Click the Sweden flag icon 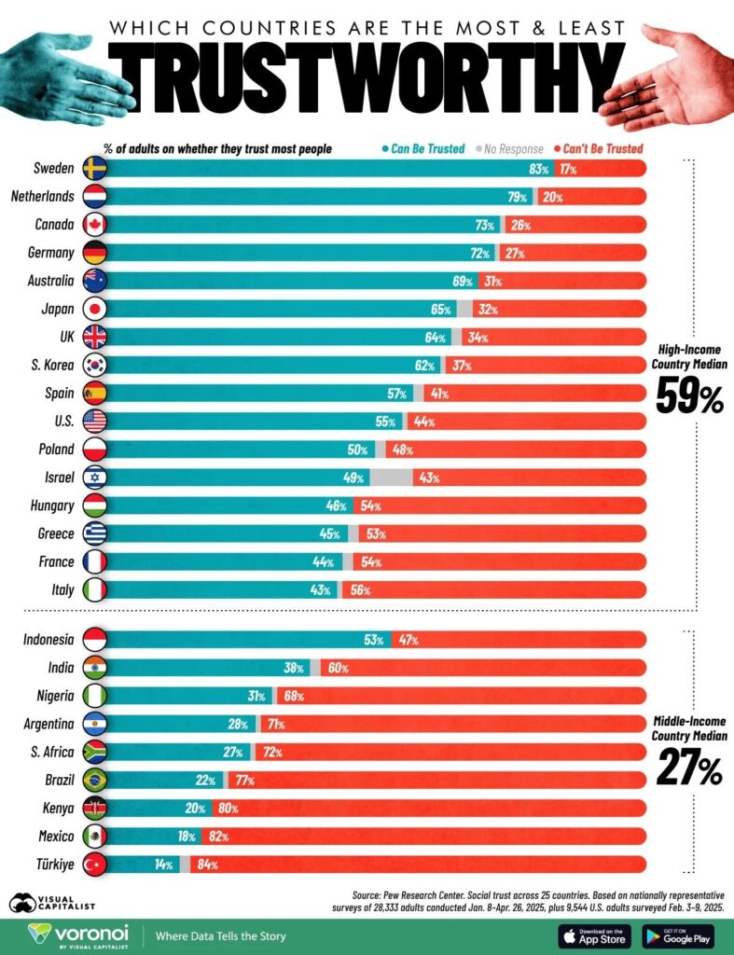coord(94,168)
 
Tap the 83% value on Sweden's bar coord(537,169)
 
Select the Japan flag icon coord(94,309)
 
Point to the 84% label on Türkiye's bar coord(207,865)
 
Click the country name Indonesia coord(48,639)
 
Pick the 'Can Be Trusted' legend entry coord(423,148)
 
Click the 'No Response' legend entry coord(509,148)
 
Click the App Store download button coord(592,935)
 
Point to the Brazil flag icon coord(94,780)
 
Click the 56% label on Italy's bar coord(360,589)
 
